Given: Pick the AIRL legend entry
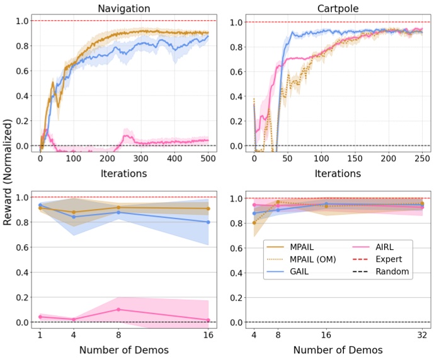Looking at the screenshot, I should [x=385, y=245].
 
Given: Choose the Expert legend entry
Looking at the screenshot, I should [x=389, y=259].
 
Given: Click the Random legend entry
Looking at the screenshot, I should [x=392, y=272].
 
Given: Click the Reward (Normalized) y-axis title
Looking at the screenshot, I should [x=8, y=179].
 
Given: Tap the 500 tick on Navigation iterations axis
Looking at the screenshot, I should [x=207, y=159].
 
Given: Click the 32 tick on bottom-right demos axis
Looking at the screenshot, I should [x=421, y=335].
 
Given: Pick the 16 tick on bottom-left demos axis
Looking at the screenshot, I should [x=207, y=335].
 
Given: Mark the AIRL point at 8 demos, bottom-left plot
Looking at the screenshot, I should [x=118, y=310].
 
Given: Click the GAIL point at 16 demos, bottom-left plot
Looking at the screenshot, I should [x=208, y=222].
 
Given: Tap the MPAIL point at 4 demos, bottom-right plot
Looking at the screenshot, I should [x=254, y=223].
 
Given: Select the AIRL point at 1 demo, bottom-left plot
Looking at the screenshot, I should [x=41, y=317].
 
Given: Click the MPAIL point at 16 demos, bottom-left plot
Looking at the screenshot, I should [x=208, y=208].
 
